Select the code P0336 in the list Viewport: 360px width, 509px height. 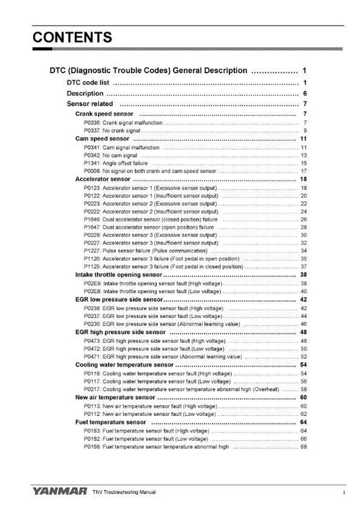pyautogui.click(x=91, y=123)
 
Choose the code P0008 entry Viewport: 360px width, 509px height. pyautogui.click(x=91, y=171)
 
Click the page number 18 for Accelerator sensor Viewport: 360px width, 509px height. pyautogui.click(x=303, y=180)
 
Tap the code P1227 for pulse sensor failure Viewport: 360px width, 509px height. pyautogui.click(x=91, y=250)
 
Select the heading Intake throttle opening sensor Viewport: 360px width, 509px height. pyautogui.click(x=119, y=275)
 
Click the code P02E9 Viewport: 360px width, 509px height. pyautogui.click(x=91, y=284)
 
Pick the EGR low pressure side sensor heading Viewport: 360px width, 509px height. pyautogui.click(x=119, y=299)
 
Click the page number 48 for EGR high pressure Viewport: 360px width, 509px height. pyautogui.click(x=303, y=332)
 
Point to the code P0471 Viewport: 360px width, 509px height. pyautogui.click(x=91, y=356)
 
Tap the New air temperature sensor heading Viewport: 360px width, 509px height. pyautogui.click(x=115, y=398)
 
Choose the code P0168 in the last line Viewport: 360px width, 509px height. pyautogui.click(x=91, y=446)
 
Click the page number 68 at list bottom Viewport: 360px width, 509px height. pyautogui.click(x=304, y=446)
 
